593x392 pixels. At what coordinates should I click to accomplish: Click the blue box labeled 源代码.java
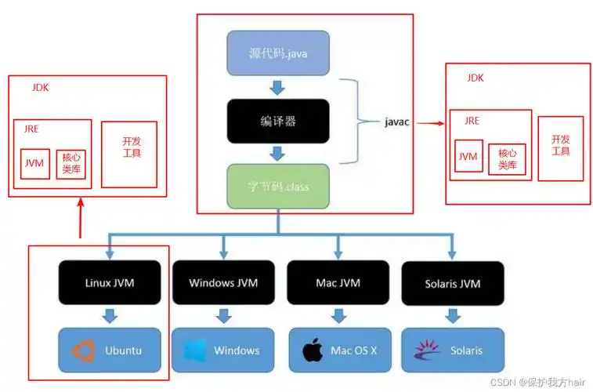278,54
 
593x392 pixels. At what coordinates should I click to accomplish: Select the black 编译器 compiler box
278,122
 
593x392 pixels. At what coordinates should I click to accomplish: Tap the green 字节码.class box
278,186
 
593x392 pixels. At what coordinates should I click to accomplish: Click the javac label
399,122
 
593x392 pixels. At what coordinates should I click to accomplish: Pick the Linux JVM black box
109,282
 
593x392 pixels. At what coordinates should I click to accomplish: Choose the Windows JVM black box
223,282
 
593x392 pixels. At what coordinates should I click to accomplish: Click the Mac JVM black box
338,282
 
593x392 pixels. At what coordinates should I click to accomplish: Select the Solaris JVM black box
453,282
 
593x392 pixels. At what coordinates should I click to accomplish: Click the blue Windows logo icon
195,350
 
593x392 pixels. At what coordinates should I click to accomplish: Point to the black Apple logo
313,350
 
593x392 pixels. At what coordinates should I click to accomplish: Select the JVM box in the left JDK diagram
34,164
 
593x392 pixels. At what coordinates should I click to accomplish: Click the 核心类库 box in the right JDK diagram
506,160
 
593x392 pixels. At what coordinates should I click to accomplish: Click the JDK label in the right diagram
475,78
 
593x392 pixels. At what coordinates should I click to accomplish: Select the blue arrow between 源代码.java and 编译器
278,87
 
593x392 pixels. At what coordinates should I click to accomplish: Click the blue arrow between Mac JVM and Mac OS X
338,316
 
